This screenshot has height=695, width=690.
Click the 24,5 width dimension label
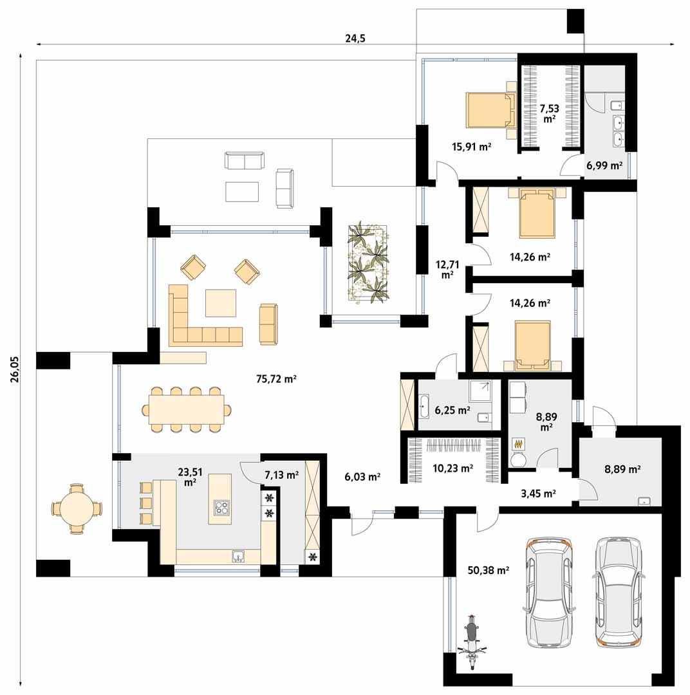[x=355, y=38]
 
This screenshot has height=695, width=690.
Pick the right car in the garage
[x=619, y=591]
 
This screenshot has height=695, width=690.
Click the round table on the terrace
[x=76, y=508]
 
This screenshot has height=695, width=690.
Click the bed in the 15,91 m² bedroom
[x=491, y=110]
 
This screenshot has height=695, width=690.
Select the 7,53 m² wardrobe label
[x=549, y=113]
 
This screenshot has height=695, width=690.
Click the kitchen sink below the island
[x=238, y=556]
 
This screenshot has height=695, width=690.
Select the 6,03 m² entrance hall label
[x=362, y=477]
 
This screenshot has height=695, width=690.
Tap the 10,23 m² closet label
[x=454, y=468]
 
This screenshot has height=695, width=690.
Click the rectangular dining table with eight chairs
[x=186, y=410]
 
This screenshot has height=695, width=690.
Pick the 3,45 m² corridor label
[x=538, y=494]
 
